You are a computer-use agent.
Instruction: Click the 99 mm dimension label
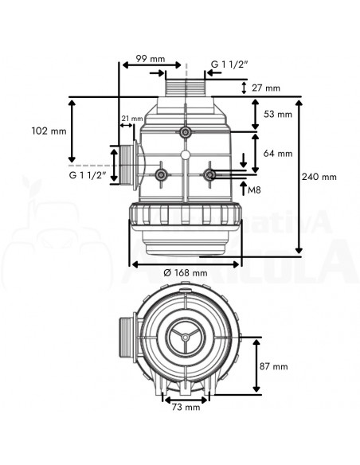(x=150, y=59)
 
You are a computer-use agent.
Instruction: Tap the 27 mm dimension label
(x=266, y=88)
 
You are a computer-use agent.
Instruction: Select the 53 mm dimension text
(x=278, y=114)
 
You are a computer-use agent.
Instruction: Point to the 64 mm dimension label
(x=278, y=154)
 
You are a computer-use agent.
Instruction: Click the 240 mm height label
(x=319, y=177)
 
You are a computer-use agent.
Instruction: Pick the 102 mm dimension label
(x=49, y=131)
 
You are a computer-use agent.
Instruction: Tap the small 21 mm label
(x=132, y=119)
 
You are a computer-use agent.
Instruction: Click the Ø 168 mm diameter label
(x=186, y=272)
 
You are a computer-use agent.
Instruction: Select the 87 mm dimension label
(x=274, y=366)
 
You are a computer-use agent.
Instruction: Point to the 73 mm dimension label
(x=186, y=407)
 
